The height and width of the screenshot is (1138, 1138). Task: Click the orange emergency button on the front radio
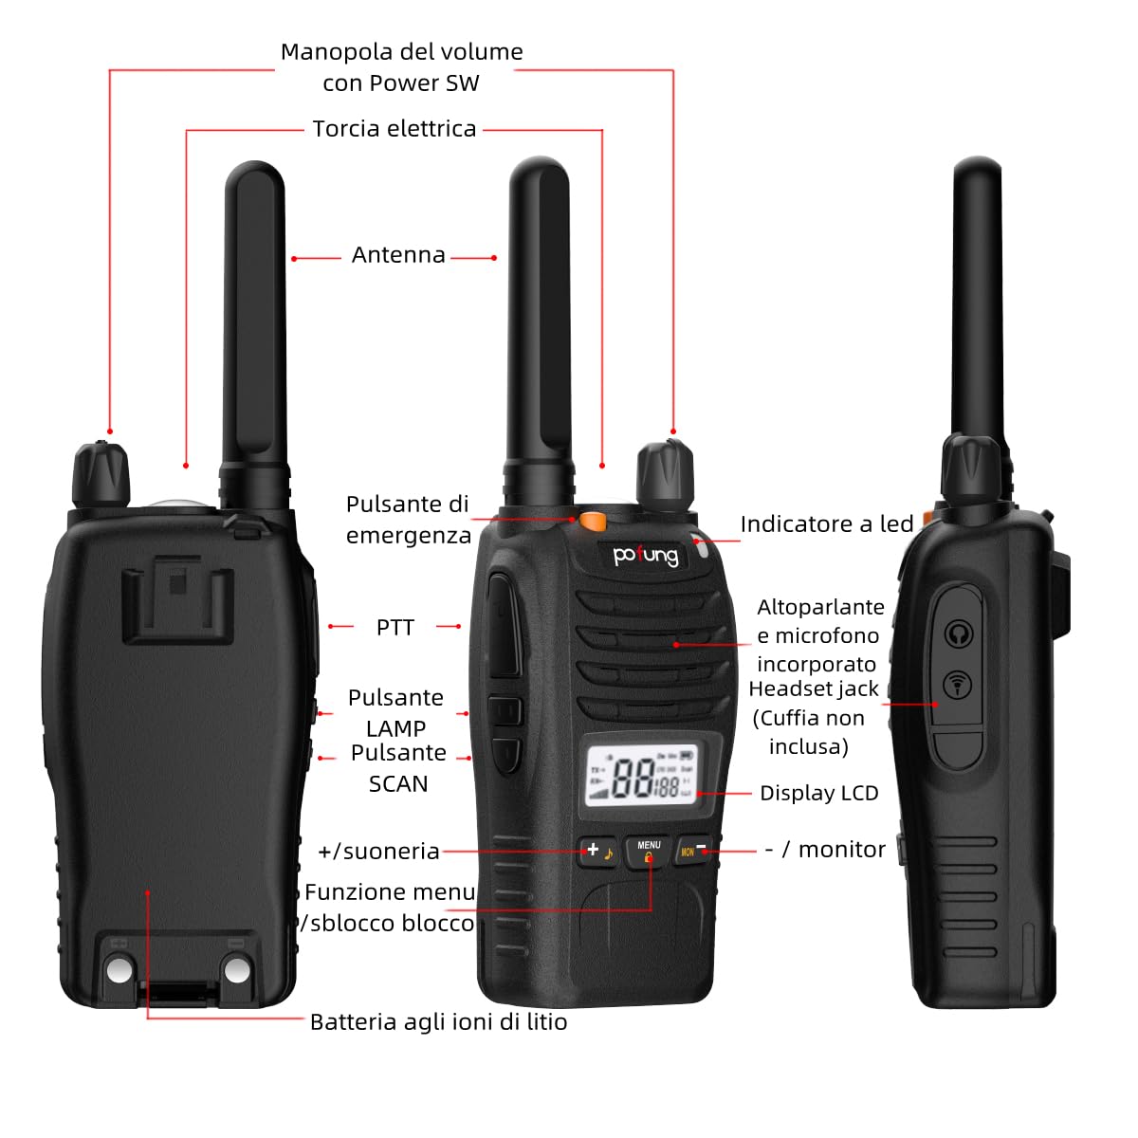[594, 520]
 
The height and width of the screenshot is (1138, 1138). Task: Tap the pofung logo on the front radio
[646, 555]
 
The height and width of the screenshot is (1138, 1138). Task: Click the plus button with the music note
[598, 851]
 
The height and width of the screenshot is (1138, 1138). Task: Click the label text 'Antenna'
[398, 255]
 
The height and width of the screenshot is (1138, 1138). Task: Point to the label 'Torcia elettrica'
[395, 129]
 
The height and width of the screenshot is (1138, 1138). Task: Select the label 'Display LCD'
[819, 793]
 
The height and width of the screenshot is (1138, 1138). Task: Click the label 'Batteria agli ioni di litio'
[438, 1021]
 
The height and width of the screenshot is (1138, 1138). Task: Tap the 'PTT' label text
[395, 628]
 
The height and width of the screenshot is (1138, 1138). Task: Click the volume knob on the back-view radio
[101, 474]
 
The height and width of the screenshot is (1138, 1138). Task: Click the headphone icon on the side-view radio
[960, 633]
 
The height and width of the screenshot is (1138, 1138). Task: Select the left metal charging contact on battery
[120, 969]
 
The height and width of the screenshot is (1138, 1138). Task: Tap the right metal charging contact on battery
[236, 969]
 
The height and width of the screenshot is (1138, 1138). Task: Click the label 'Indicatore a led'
[826, 524]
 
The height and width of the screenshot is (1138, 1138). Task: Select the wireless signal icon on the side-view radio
[959, 684]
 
